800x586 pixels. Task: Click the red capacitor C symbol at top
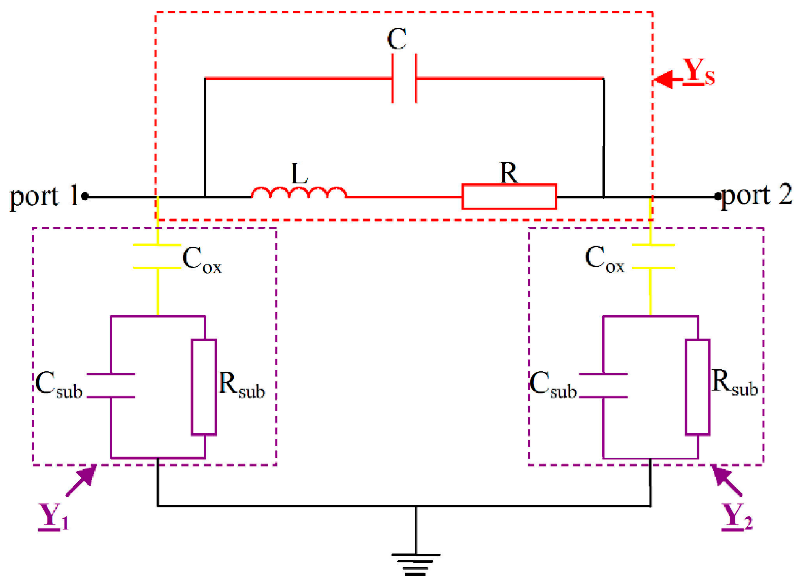pos(404,78)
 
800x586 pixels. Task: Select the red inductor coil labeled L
pos(298,193)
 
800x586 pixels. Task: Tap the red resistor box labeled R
pos(509,197)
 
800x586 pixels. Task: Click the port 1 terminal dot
pos(85,196)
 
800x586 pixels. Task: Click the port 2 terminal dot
pos(717,196)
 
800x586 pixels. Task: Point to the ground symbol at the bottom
pos(416,563)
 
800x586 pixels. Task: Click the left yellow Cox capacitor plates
pos(157,256)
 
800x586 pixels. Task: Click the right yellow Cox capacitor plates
pos(653,256)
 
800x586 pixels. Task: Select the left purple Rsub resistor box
pos(204,387)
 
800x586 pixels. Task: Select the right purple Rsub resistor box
pos(697,387)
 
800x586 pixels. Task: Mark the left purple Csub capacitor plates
pos(111,386)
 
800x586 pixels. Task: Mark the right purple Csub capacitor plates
pos(603,386)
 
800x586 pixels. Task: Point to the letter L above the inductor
pos(300,174)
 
